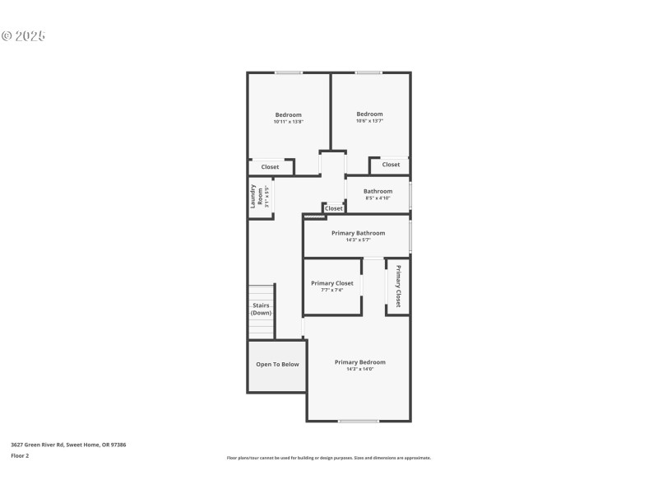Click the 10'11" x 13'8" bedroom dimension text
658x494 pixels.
pos(288,122)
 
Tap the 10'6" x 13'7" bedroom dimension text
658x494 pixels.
pos(369,121)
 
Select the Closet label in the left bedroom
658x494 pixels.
pos(270,167)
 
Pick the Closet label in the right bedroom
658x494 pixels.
pos(391,165)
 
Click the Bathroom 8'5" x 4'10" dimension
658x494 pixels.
pos(378,198)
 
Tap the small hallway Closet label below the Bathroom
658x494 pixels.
pos(333,209)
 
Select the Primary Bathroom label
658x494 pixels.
pos(357,233)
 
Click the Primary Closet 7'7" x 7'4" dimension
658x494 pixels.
pos(331,290)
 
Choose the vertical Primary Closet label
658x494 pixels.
pos(398,287)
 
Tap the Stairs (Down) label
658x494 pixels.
pos(261,310)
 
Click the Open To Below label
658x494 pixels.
pos(277,364)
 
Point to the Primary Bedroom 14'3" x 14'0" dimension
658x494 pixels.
pos(359,369)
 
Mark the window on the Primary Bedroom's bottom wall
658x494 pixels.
pos(359,422)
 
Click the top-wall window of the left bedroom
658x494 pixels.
pos(288,73)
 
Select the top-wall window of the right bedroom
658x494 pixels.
pos(368,73)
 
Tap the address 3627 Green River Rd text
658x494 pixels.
pos(68,445)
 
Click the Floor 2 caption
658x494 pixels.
pos(20,455)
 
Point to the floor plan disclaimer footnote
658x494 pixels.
pos(329,458)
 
